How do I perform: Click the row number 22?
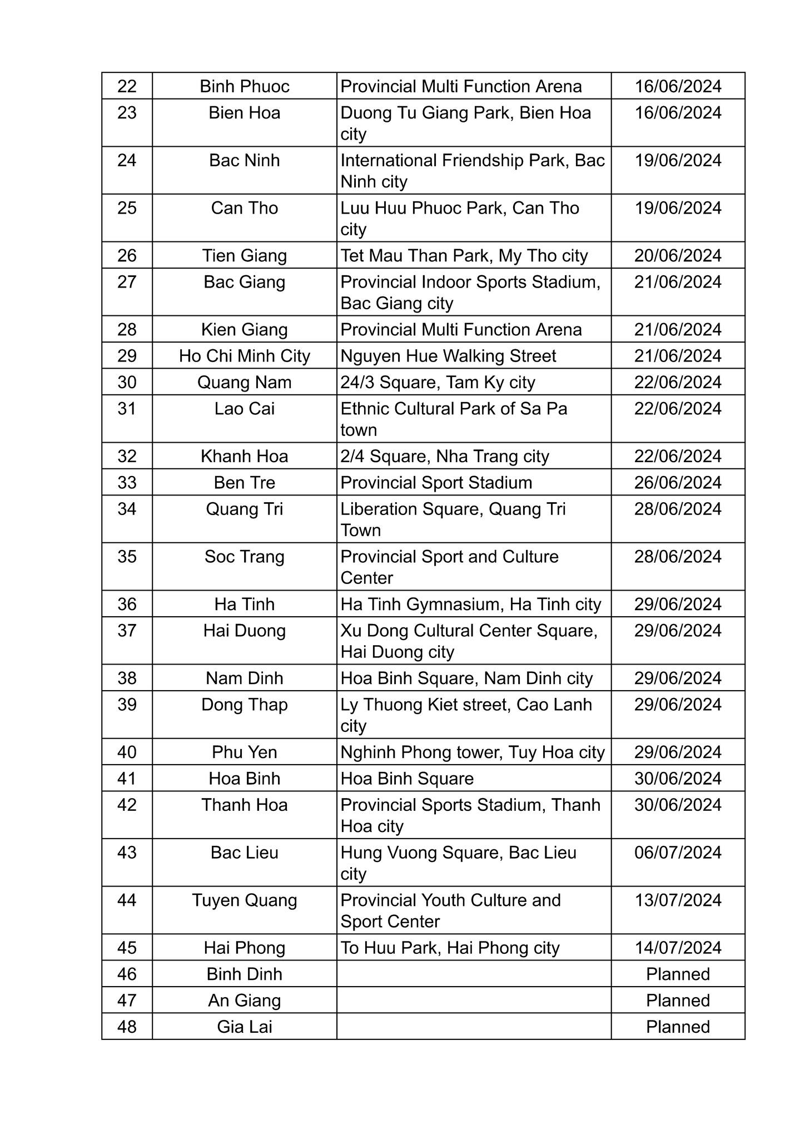click(x=127, y=86)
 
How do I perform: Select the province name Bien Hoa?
click(x=244, y=113)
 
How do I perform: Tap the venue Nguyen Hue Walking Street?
click(x=448, y=356)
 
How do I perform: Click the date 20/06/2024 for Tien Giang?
click(x=678, y=256)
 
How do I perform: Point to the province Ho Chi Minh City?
click(x=244, y=356)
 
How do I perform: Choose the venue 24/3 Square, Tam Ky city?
click(x=438, y=383)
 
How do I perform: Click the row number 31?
click(x=127, y=409)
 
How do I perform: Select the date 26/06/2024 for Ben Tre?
click(x=678, y=483)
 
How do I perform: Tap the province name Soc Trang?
click(x=244, y=557)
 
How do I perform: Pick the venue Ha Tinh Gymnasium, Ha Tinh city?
click(x=470, y=605)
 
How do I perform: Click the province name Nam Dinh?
click(x=244, y=679)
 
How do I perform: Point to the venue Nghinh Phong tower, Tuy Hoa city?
click(x=472, y=752)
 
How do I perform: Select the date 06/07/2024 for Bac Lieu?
click(x=678, y=853)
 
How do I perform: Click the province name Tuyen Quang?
click(x=244, y=900)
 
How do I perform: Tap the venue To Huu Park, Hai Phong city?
click(x=450, y=948)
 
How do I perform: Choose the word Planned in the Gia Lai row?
click(x=678, y=1027)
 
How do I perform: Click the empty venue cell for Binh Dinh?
click(x=474, y=974)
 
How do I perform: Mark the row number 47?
click(x=127, y=1001)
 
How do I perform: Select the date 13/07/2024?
click(x=678, y=900)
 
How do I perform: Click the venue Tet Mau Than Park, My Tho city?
click(x=464, y=256)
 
